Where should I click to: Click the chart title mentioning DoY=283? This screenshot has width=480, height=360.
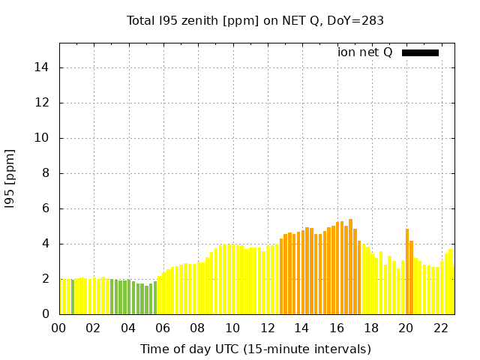pyautogui.click(x=255, y=20)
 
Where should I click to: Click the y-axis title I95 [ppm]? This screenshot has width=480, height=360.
pyautogui.click(x=10, y=178)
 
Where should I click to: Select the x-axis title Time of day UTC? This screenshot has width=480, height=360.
pyautogui.click(x=255, y=349)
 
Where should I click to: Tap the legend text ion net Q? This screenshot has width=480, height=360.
pyautogui.click(x=364, y=52)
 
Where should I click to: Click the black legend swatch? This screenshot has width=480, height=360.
pyautogui.click(x=420, y=52)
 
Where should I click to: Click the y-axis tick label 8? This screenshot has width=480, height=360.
pyautogui.click(x=47, y=173)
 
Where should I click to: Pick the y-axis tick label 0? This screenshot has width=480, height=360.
pyautogui.click(x=47, y=314)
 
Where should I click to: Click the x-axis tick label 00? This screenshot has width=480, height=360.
pyautogui.click(x=58, y=328)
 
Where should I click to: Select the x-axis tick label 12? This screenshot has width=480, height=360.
pyautogui.click(x=267, y=328)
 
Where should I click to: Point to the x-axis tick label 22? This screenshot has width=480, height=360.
pyautogui.click(x=441, y=328)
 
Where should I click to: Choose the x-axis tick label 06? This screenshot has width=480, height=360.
pyautogui.click(x=163, y=328)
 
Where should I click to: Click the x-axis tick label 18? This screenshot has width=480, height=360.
pyautogui.click(x=371, y=328)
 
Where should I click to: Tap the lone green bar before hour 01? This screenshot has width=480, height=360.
pyautogui.click(x=73, y=297)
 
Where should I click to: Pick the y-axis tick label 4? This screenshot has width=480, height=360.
pyautogui.click(x=47, y=244)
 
